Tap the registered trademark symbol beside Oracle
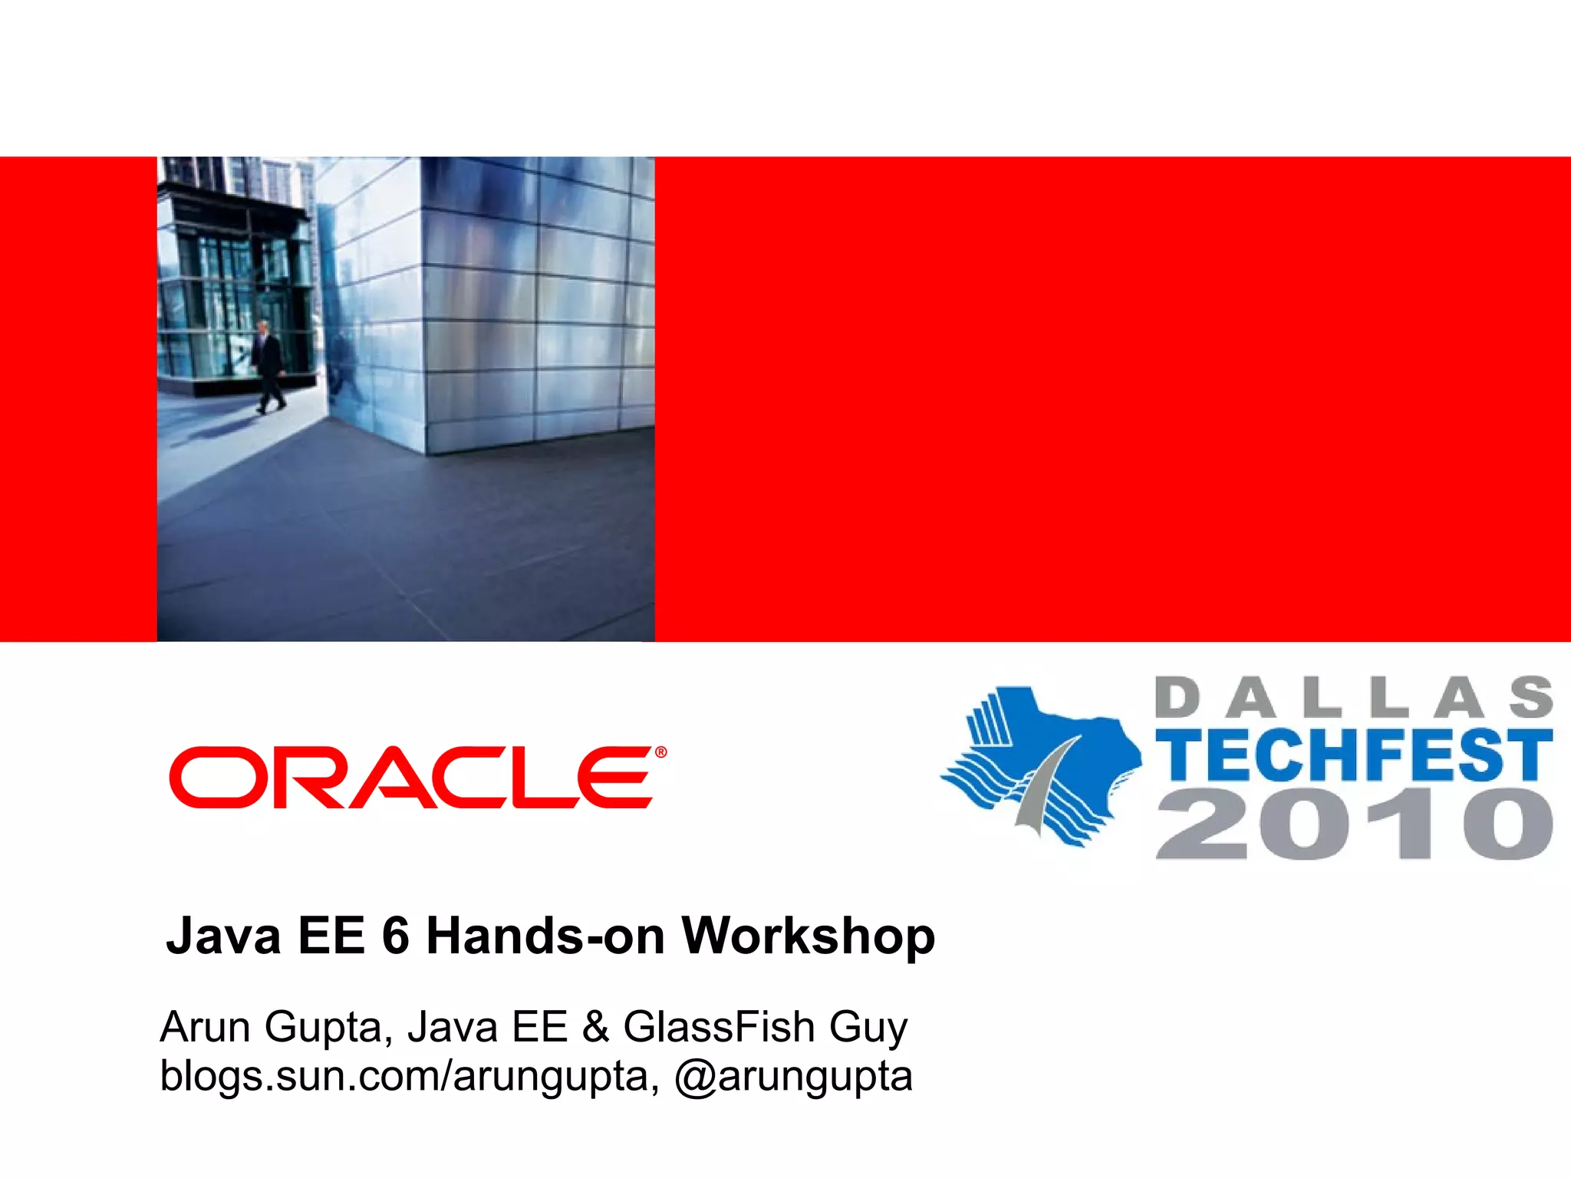click(660, 752)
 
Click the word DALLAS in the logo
click(1353, 697)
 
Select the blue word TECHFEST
click(1353, 755)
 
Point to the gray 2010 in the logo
click(1353, 824)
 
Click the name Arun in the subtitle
click(205, 1027)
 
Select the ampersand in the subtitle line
click(595, 1027)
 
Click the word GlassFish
click(719, 1027)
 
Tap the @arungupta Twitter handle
click(793, 1076)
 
